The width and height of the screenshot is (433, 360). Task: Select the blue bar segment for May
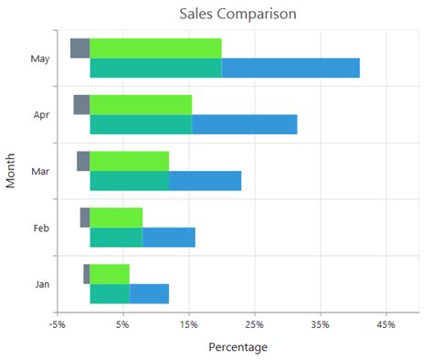290,69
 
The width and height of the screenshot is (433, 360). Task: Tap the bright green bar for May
155,48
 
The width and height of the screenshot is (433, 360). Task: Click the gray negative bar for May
79,48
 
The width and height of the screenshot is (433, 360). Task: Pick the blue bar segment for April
245,124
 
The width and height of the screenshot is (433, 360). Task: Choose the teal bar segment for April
141,124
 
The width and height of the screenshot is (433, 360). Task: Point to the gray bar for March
83,161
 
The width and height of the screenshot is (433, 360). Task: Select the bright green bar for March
129,161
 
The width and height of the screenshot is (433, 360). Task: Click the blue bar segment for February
169,238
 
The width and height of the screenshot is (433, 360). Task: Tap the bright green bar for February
116,217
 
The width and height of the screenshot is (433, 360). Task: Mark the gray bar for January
87,274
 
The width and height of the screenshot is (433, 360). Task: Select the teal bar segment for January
110,293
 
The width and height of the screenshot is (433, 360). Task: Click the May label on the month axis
40,59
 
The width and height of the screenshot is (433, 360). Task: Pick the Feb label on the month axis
41,228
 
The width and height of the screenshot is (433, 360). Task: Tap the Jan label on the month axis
42,284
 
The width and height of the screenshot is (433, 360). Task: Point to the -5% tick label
58,324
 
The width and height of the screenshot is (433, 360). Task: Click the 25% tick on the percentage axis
255,324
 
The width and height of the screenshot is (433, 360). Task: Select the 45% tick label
385,324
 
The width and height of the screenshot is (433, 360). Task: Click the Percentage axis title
238,347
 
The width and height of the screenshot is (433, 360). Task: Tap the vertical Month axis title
11,171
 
